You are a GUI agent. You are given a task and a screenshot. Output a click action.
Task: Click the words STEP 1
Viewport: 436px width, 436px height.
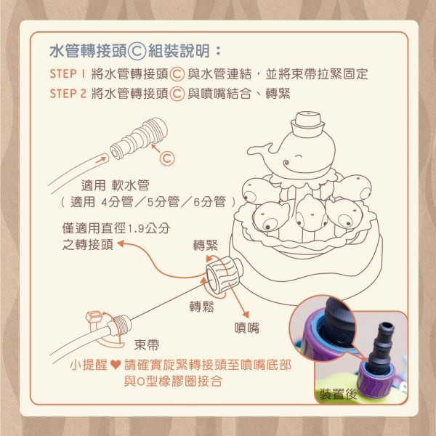coord(68,73)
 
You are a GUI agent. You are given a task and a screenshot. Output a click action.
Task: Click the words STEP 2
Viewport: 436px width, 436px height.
coord(68,94)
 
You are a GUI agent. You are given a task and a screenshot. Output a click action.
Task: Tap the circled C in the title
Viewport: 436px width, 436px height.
coord(137,51)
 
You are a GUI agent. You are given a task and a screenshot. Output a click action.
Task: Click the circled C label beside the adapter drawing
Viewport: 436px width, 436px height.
coord(167,158)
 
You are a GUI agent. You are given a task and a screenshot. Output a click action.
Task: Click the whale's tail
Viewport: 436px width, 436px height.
coord(260,150)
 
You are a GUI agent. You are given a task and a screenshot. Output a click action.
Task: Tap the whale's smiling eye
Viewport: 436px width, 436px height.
coord(299,156)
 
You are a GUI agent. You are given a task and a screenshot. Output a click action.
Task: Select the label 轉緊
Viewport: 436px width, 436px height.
coord(206,246)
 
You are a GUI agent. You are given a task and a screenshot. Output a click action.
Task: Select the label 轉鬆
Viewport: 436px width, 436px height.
coord(202,307)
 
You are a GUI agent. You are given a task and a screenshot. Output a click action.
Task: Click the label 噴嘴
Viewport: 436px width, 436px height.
coord(247,328)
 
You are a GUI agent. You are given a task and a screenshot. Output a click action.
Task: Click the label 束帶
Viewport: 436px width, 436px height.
coord(147,344)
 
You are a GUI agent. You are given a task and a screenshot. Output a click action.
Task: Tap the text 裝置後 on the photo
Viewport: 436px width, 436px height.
coord(338,394)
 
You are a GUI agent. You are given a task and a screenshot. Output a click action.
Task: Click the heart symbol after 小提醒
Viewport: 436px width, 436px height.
coord(116,365)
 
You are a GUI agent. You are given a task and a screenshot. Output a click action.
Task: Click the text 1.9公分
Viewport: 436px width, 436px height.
coord(149,229)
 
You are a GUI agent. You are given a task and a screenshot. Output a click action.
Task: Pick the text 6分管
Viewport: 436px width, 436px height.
coord(209,201)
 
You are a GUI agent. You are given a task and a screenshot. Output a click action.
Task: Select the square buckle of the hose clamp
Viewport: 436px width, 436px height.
coord(94,317)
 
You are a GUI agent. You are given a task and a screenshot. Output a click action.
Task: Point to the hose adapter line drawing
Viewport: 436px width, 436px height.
coord(139,139)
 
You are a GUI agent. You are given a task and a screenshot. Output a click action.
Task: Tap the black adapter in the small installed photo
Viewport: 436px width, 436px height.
coord(380,347)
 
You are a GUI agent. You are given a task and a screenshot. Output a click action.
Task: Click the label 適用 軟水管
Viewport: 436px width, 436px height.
coord(115,185)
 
